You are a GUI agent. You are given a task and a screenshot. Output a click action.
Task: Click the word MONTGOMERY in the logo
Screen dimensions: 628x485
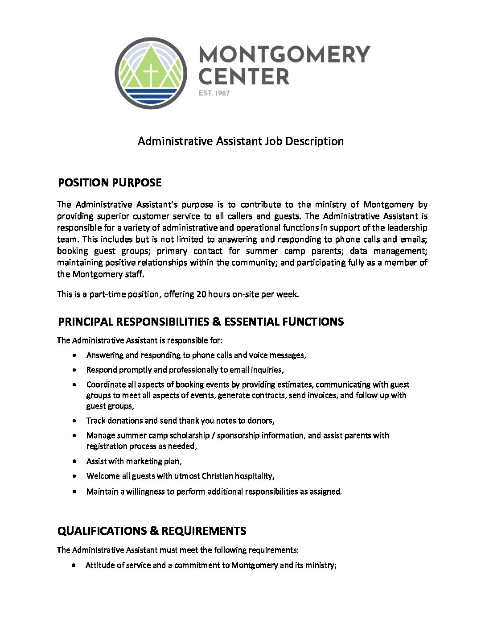284,54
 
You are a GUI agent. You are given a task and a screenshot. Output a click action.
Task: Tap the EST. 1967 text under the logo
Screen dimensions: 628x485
214,93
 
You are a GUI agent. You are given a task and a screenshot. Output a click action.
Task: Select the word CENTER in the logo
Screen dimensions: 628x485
243,77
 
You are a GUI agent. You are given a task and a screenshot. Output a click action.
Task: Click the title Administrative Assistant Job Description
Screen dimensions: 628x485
241,141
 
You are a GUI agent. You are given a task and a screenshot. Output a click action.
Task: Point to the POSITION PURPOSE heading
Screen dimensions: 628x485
110,183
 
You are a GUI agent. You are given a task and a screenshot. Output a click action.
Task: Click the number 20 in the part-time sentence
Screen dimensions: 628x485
201,294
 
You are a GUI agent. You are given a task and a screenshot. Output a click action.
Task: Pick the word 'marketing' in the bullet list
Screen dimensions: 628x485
144,462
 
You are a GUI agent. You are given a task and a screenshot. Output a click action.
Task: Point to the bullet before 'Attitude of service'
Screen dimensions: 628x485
74,566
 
